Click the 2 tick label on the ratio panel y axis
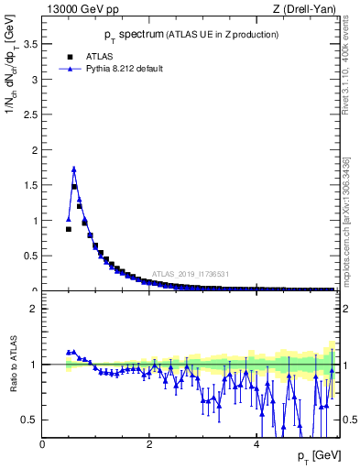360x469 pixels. [34, 309]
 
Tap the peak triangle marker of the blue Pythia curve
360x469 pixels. [74, 169]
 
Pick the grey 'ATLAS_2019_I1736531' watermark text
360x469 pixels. [192, 274]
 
